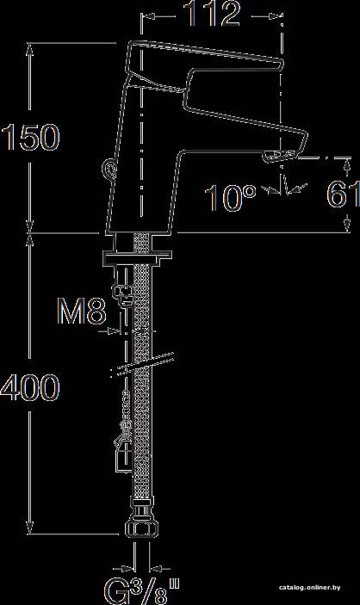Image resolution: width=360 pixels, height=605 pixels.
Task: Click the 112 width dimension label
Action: click(213, 14)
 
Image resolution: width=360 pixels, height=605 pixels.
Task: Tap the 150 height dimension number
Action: click(30, 137)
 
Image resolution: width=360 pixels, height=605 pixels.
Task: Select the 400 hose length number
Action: click(30, 386)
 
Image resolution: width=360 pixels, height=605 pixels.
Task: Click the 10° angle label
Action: click(230, 198)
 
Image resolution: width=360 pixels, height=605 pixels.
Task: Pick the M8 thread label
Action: click(82, 311)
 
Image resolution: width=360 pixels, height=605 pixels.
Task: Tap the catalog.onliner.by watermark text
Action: click(310, 588)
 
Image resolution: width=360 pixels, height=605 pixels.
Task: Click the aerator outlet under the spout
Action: click(281, 157)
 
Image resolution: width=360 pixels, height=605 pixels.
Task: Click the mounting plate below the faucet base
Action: click(137, 257)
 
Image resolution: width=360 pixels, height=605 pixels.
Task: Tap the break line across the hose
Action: click(142, 363)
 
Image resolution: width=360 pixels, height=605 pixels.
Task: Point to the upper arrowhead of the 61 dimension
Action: click(347, 164)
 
